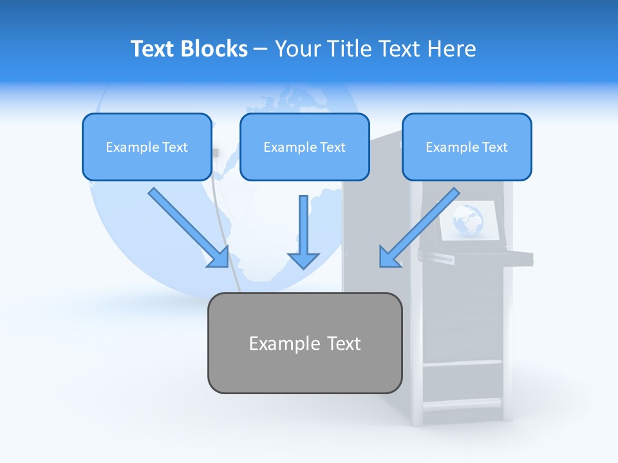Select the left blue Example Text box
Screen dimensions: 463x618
(147, 147)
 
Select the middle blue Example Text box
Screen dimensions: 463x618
(304, 147)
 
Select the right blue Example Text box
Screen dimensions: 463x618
(467, 147)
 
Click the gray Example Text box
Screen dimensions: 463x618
(304, 343)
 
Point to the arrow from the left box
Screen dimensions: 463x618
(187, 226)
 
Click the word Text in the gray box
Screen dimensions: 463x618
(342, 343)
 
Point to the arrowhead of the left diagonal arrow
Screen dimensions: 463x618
(219, 257)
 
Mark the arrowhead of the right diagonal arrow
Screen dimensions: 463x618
(389, 257)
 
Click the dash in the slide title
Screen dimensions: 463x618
(261, 50)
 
